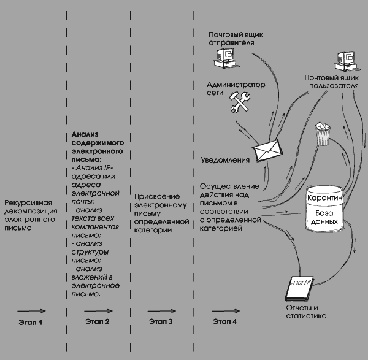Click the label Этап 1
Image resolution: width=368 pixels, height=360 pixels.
(31, 322)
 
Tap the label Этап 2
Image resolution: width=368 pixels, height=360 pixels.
(98, 322)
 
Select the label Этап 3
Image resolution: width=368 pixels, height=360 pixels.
(161, 322)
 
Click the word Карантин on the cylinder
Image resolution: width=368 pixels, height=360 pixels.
(328, 199)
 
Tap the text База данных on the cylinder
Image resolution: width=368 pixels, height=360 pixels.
(328, 218)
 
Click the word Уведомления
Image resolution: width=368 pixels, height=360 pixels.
(224, 161)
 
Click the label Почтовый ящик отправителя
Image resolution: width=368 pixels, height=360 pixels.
(231, 39)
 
